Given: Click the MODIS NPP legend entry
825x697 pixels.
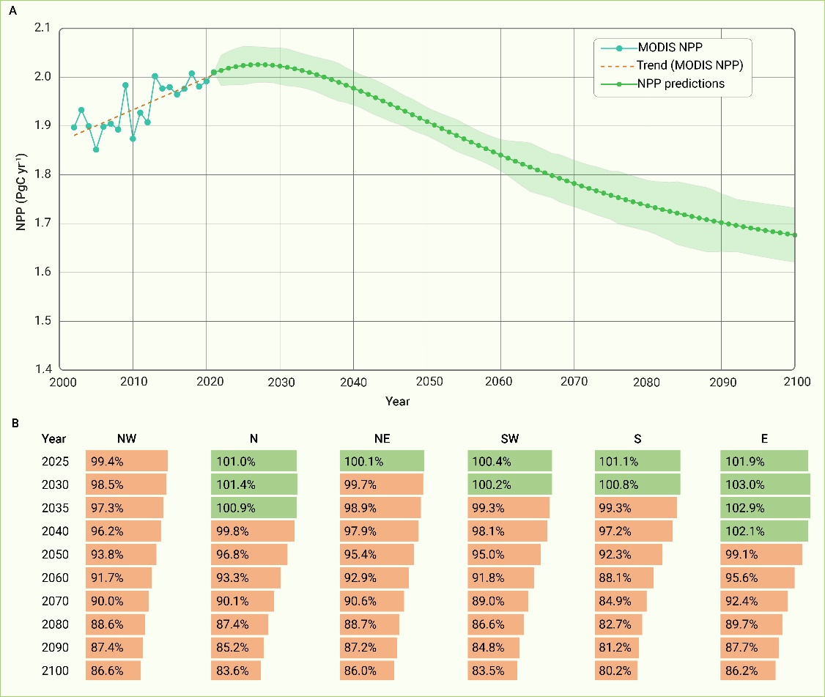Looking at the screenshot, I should point(666,48).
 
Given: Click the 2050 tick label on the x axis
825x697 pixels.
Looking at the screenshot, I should point(428,382).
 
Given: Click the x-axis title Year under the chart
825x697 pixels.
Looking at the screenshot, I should point(398,402).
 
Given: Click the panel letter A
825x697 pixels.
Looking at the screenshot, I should point(14,10).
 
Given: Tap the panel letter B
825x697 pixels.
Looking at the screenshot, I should point(14,423).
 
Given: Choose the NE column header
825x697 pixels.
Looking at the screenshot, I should point(381,439).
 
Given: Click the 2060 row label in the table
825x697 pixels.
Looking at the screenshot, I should point(55,578).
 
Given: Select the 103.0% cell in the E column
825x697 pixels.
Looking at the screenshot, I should point(765,484).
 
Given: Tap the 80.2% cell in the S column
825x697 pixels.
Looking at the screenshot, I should point(615,671).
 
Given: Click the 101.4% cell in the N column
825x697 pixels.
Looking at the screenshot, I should point(254,484).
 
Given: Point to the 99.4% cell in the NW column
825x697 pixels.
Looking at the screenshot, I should point(126,461).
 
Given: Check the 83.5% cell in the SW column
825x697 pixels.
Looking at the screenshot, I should point(492,671).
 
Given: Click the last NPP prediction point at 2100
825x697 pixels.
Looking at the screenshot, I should point(795,235).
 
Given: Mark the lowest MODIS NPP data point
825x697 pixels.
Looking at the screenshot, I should point(96,150).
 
